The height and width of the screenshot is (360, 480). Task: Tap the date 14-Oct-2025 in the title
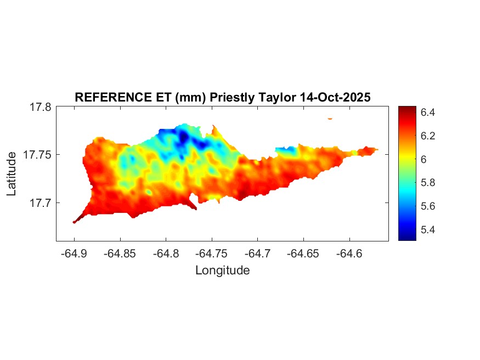(336, 98)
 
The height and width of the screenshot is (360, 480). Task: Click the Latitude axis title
(12, 174)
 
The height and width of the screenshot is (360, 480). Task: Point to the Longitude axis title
(222, 270)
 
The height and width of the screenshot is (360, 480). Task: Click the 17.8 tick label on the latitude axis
(41, 108)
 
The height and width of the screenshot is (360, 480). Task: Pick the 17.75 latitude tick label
(38, 155)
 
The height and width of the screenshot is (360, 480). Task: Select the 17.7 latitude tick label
(41, 203)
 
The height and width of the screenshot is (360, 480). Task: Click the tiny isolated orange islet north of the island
(330, 119)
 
